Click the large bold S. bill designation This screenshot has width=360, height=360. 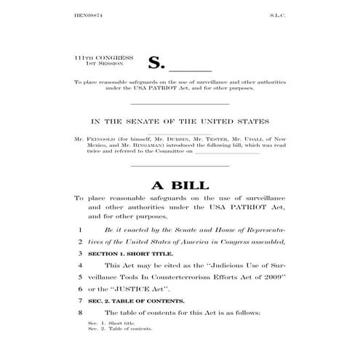point(157,63)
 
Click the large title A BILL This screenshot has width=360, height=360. point(179,185)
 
